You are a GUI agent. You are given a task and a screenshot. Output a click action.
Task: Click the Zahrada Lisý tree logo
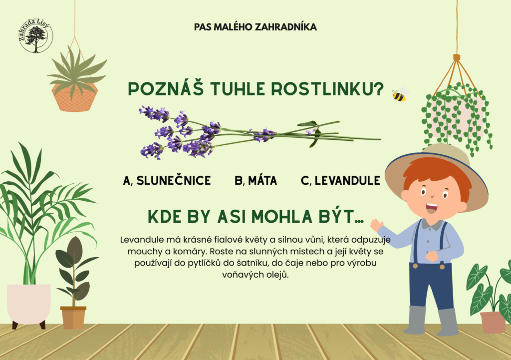36,35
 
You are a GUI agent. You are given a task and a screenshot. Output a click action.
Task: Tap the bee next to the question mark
400,94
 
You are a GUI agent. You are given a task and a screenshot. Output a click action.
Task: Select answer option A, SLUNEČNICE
167,181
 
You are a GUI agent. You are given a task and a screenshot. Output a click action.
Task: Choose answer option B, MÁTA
256,181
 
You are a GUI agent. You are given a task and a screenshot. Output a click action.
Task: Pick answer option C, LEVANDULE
340,181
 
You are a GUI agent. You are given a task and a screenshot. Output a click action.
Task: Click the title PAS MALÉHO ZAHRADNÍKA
255,27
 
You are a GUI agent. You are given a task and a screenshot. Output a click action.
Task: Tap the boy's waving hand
377,225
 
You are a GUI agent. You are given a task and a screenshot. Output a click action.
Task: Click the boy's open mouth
432,207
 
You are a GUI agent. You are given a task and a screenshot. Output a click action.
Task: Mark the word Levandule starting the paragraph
142,240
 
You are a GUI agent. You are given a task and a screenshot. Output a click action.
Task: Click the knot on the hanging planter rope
457,58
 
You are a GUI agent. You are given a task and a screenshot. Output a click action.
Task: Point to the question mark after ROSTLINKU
379,89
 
